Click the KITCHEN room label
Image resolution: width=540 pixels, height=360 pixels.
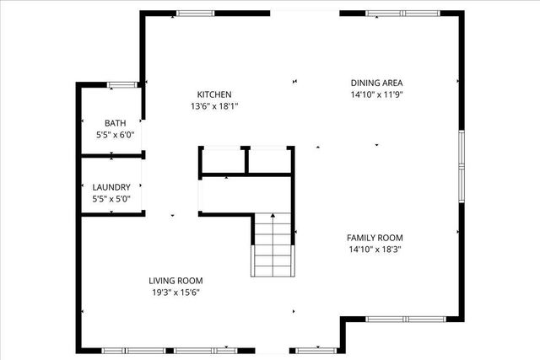[x=214, y=94]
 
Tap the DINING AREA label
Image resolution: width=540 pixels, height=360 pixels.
[x=376, y=83]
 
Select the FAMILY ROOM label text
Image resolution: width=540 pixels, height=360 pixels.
[x=376, y=238]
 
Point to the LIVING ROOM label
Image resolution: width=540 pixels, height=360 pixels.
[x=175, y=281]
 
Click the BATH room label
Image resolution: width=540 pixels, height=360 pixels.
[x=115, y=123]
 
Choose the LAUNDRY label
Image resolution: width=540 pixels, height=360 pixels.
[x=111, y=187]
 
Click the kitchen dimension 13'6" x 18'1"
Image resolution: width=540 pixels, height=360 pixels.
[x=214, y=106]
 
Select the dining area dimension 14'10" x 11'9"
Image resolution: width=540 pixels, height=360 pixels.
[x=376, y=94]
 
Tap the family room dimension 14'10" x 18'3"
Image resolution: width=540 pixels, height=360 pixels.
[x=376, y=250]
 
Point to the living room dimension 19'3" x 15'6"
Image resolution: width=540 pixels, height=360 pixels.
[x=175, y=293]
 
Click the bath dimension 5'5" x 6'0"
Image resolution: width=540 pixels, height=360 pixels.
[x=115, y=135]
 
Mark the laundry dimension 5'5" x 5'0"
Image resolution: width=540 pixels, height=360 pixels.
[x=111, y=199]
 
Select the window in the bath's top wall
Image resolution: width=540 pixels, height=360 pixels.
[x=122, y=84]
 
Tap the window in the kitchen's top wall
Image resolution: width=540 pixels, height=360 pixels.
[x=196, y=13]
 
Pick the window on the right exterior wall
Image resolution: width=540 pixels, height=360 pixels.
[x=461, y=166]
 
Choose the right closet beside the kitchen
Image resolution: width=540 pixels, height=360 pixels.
[x=270, y=162]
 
